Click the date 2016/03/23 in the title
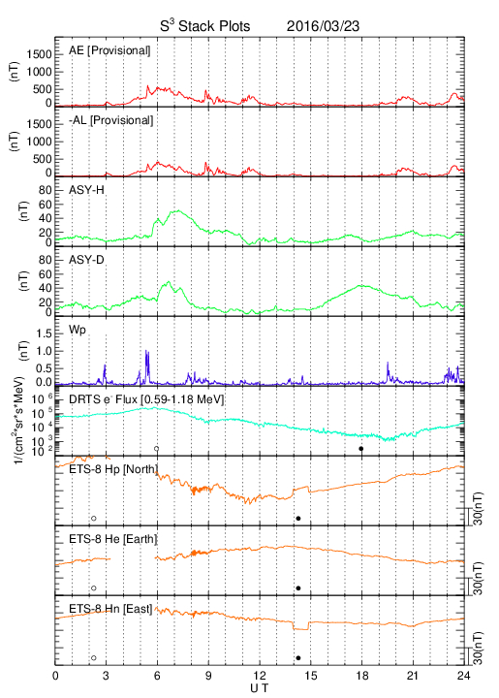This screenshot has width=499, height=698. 323,26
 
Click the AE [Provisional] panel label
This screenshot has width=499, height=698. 109,50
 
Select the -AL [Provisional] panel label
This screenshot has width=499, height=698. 110,120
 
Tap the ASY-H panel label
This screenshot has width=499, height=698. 86,190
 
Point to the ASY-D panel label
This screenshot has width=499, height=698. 86,260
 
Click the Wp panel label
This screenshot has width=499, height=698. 77,331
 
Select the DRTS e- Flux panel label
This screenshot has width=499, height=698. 146,399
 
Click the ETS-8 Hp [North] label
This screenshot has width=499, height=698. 113,469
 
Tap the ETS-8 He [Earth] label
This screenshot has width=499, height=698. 113,539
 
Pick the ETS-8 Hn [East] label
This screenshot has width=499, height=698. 110,609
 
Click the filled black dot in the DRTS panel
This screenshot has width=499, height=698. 361,449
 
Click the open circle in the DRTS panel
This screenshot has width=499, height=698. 157,449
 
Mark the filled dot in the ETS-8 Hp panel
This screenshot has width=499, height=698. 298,518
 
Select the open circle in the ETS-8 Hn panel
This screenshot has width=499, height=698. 94,658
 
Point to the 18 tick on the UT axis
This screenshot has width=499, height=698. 362,676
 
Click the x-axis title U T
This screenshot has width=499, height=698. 260,688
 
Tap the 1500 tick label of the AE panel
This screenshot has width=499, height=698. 39,54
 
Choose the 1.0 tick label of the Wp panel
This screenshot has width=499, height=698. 44,351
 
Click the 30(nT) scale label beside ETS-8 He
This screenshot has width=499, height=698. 479,578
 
